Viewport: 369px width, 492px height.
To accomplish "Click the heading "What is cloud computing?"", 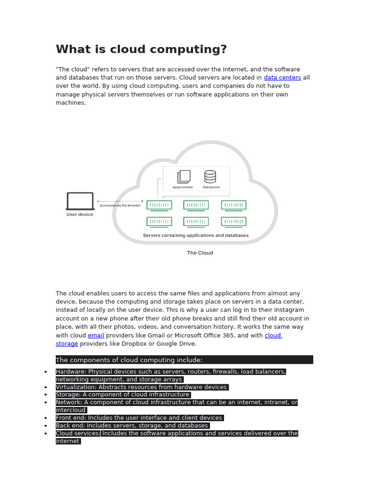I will coord(141,49).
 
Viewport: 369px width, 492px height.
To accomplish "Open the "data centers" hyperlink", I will coord(283,78).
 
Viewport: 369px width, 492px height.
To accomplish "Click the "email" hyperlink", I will coord(96,335).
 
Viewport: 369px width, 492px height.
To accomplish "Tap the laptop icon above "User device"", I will coord(80,201).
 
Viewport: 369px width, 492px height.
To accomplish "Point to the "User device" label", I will coord(80,215).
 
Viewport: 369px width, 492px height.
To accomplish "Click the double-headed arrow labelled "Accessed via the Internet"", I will coord(120,201).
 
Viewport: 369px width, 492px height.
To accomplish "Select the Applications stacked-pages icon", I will coord(184,177).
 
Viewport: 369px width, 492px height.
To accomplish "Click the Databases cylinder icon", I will coord(210,176).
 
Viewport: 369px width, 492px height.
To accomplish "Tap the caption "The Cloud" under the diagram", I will coord(200,253).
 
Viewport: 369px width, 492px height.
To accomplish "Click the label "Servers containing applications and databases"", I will coord(196,235).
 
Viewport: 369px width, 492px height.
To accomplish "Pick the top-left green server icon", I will coord(159,205).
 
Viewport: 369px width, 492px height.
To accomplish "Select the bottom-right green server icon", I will coord(234,221).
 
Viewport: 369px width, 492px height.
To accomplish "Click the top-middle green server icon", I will coord(196,205).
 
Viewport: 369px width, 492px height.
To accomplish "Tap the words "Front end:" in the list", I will coord(71,418).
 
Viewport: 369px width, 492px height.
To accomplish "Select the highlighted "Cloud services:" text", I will coord(78,433).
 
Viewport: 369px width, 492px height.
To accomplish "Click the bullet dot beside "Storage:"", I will coord(45,395).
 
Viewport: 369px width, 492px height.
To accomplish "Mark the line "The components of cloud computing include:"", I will coord(129,360).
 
